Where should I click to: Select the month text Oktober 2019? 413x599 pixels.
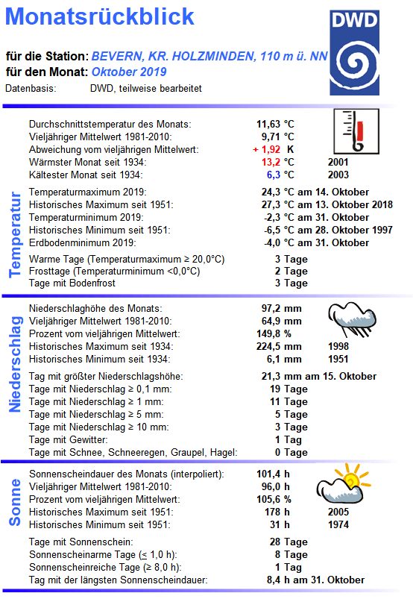point(129,72)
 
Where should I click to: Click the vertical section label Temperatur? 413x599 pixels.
point(15,234)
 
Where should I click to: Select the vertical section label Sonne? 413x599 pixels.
point(15,502)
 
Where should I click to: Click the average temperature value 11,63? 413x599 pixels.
point(268,124)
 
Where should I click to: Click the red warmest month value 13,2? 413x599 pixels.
point(271,162)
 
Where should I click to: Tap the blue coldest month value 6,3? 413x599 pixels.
point(274,175)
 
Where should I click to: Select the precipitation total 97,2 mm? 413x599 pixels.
point(280,308)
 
